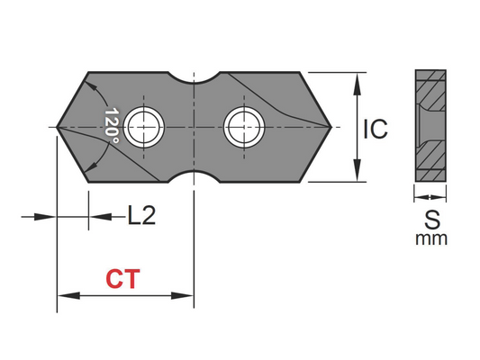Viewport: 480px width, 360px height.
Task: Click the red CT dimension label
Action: [122, 279]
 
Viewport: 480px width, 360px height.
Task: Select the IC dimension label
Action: [375, 129]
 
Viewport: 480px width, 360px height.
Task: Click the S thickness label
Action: [430, 218]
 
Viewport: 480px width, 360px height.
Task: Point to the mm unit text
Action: [430, 238]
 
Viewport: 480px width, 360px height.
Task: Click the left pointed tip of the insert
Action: [59, 127]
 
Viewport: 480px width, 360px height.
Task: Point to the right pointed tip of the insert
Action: [334, 127]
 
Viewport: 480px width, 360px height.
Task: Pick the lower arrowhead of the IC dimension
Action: [358, 174]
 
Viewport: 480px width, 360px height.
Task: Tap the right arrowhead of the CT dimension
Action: [187, 294]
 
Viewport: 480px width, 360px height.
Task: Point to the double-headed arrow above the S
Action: [430, 192]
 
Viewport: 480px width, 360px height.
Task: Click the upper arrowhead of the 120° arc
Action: [93, 85]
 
